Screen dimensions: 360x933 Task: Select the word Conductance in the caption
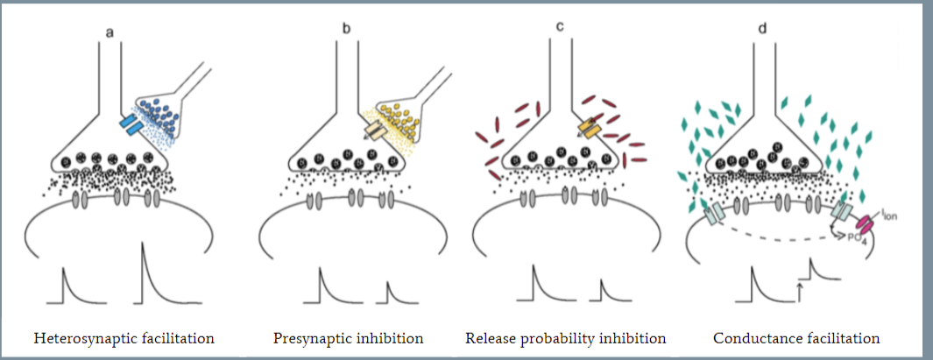click(753, 337)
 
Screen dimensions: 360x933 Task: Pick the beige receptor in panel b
click(374, 130)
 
